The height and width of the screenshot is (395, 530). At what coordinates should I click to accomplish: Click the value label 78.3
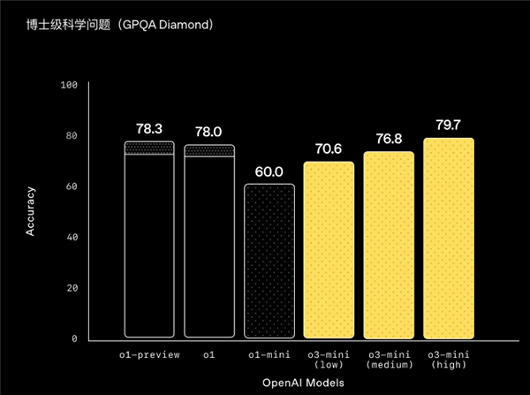point(148,130)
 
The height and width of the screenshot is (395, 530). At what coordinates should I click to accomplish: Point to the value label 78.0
point(208,132)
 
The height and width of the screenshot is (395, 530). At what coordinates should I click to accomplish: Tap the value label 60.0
point(269,171)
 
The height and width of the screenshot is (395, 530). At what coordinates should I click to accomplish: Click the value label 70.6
point(329,148)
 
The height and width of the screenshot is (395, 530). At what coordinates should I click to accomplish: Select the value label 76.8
point(389,138)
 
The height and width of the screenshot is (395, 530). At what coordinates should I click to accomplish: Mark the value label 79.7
point(449,125)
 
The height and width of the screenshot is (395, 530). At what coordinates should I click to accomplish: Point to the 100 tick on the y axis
point(70,85)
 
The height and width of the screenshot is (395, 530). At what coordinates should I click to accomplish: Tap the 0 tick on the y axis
point(75,338)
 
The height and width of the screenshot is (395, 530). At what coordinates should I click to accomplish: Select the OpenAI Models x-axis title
point(299,382)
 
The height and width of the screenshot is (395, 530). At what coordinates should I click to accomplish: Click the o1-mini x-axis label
point(269,354)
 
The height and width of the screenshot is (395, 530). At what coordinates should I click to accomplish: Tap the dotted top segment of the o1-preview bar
point(148,148)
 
